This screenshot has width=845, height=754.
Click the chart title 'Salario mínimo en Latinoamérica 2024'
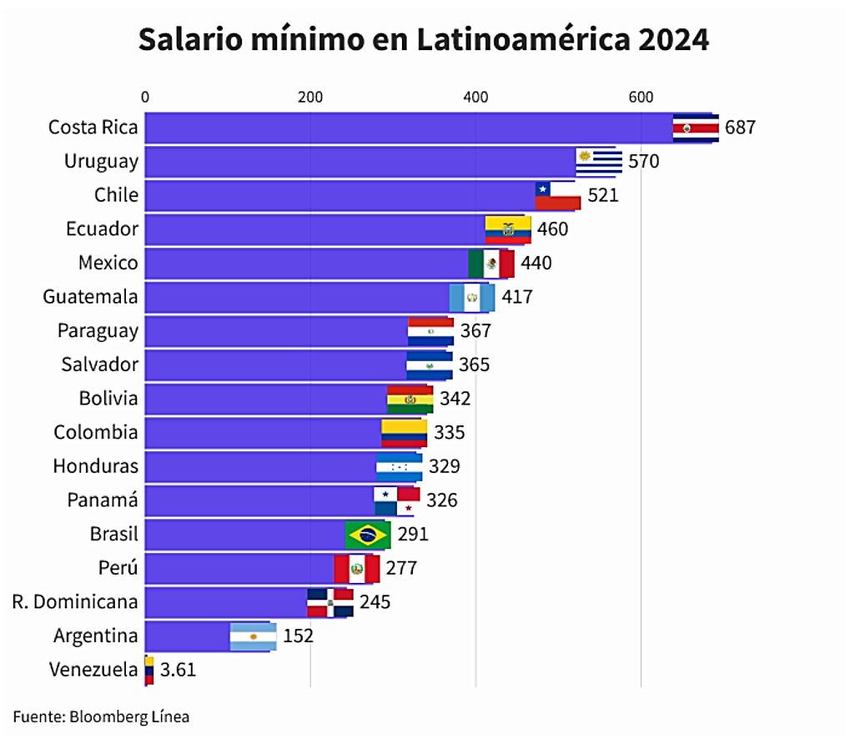(423, 40)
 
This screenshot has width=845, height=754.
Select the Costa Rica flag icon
(695, 128)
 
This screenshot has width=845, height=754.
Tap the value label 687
(740, 128)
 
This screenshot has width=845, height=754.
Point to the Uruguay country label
(101, 161)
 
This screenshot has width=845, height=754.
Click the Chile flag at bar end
(557, 196)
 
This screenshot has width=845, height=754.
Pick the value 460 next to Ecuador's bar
(552, 229)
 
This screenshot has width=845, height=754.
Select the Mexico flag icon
(490, 264)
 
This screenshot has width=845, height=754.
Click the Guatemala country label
(90, 297)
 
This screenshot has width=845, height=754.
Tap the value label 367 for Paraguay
(475, 331)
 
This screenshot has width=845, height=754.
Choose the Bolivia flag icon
(410, 399)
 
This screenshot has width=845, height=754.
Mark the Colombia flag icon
(404, 433)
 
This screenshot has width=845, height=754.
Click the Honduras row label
(96, 465)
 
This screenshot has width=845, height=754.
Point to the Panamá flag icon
(396, 500)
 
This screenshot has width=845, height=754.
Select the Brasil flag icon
(367, 535)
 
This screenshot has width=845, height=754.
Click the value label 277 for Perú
(401, 568)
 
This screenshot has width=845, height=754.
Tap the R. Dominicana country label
(75, 601)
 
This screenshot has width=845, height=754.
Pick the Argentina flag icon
(253, 636)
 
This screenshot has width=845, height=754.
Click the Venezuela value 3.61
(178, 670)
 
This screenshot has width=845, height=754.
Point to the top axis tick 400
(475, 97)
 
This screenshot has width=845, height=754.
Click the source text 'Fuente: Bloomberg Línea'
(101, 716)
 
